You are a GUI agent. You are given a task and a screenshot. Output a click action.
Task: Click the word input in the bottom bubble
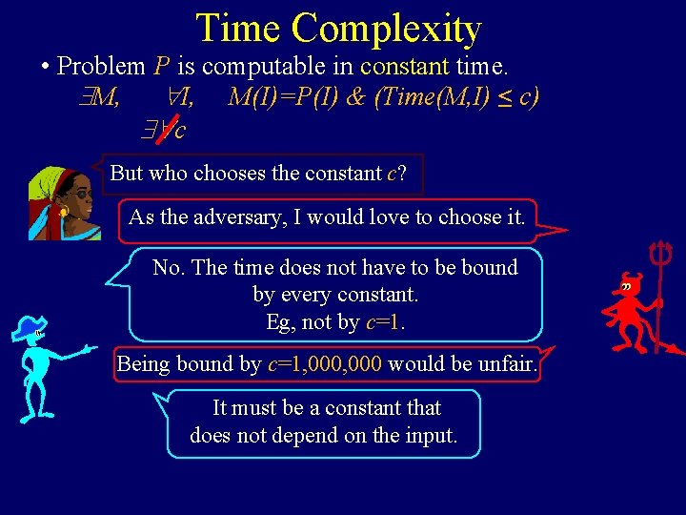point(432,436)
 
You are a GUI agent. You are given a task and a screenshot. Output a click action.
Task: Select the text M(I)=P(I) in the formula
point(283,97)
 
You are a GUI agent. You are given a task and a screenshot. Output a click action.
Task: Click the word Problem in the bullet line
point(100,67)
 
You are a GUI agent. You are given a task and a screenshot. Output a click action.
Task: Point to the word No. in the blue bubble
point(169,268)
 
